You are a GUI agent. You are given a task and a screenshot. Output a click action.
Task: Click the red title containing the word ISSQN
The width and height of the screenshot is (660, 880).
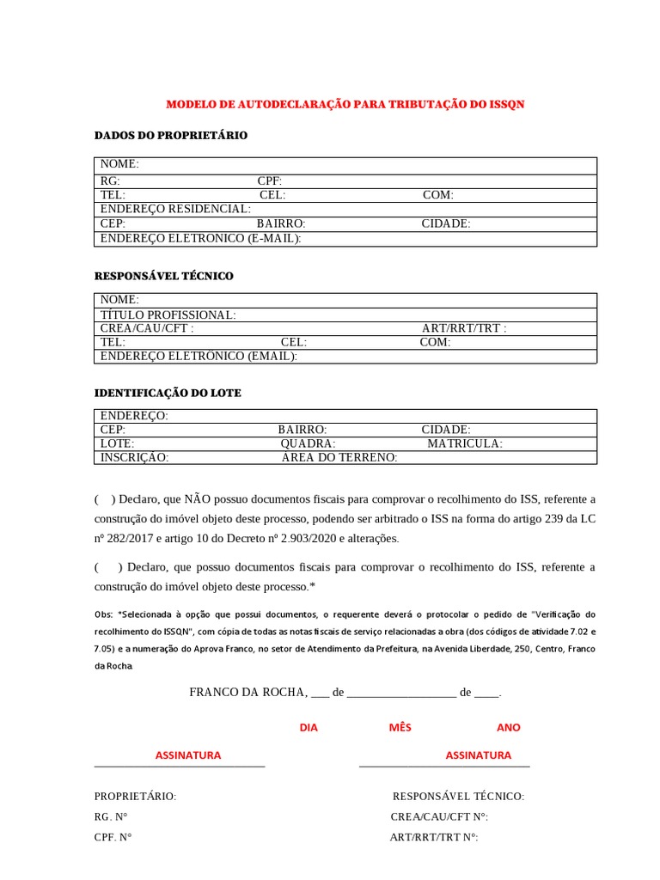345,104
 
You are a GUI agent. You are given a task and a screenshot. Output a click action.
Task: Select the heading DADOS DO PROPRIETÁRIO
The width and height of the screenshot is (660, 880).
170,136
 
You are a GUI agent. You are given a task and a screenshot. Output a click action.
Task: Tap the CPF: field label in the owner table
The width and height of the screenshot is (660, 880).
270,180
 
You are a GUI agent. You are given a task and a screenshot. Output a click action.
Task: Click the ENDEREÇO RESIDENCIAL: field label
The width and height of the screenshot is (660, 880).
175,209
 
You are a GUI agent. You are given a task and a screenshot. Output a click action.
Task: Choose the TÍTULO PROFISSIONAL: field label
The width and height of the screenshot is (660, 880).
168,315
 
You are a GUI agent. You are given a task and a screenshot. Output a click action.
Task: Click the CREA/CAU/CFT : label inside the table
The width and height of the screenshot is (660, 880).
147,328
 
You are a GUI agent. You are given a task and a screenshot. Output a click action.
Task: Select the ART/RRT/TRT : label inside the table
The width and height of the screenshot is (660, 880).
464,328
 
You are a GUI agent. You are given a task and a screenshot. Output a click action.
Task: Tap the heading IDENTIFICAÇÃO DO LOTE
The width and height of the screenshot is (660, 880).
167,393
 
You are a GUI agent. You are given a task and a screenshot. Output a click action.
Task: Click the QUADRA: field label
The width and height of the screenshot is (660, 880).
309,443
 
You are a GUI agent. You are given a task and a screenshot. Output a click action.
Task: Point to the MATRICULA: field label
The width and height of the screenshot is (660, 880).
465,443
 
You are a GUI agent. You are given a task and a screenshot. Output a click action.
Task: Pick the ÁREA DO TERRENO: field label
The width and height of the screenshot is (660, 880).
339,458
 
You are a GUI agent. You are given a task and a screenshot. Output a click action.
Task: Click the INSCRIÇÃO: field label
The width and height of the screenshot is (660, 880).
135,458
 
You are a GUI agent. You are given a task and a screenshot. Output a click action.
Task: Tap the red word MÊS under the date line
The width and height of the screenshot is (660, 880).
400,727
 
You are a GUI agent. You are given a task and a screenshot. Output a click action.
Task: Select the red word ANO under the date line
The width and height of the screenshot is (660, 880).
509,727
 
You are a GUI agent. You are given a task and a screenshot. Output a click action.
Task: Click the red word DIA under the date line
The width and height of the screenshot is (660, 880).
309,727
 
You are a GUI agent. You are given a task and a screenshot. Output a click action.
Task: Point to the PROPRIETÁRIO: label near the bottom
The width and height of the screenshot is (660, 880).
135,797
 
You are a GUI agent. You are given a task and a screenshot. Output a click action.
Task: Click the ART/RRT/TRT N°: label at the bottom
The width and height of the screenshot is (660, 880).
434,836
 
